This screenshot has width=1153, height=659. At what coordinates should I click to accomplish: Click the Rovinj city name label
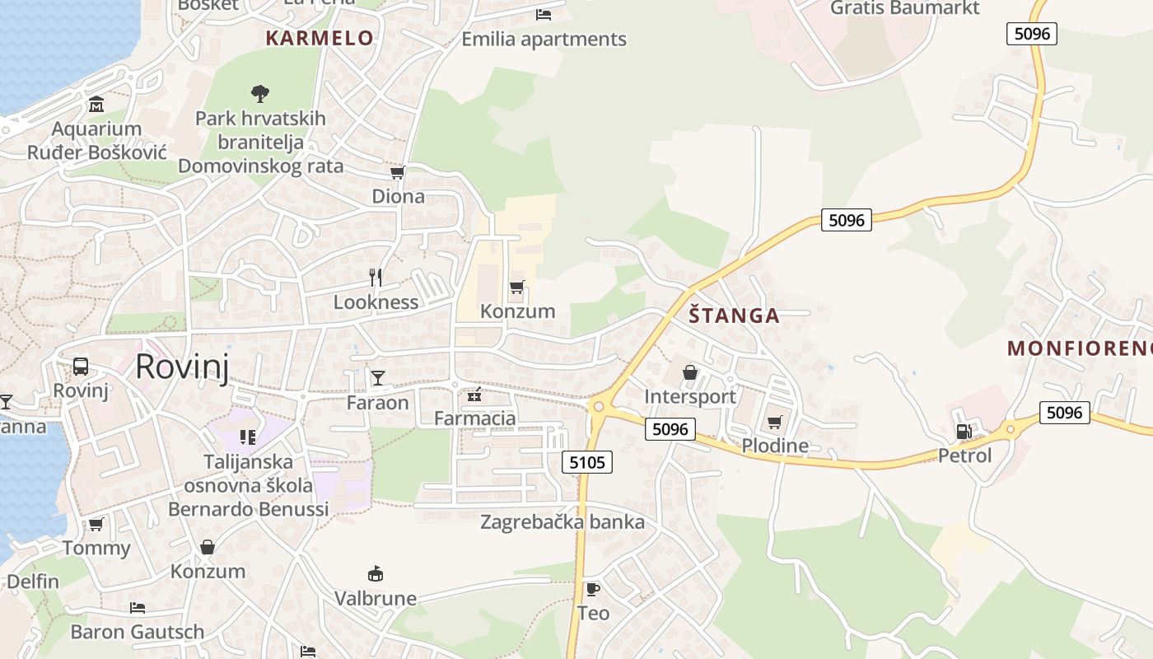tap(182, 366)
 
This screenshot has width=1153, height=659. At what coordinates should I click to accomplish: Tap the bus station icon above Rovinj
tap(81, 367)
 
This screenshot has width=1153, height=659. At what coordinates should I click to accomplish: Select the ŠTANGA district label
tap(734, 315)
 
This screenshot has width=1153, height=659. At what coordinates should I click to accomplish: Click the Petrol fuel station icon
tap(963, 431)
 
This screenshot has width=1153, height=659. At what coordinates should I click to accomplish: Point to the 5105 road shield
tap(587, 462)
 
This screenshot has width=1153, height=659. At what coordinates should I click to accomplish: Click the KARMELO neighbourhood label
tap(320, 38)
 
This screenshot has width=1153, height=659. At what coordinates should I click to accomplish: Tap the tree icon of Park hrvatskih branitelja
tap(260, 94)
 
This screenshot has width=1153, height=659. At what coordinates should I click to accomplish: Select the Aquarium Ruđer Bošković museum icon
tap(96, 105)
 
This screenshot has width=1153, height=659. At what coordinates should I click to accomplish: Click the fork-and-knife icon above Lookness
tap(376, 278)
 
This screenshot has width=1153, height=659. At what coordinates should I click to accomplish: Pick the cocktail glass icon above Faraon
tap(377, 378)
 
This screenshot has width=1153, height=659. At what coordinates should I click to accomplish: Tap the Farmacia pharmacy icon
tap(474, 395)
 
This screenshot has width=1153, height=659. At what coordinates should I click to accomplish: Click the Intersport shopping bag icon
tap(690, 373)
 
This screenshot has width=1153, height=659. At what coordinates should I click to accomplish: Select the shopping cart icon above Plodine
tap(774, 423)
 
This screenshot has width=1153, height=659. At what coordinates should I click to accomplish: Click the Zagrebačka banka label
tap(562, 522)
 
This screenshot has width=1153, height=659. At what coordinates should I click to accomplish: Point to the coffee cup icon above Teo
tap(592, 589)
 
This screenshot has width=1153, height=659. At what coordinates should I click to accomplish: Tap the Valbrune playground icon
tap(376, 573)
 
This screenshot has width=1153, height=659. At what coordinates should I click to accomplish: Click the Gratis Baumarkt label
tap(904, 8)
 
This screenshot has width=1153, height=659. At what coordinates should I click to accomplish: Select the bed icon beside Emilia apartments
tap(543, 14)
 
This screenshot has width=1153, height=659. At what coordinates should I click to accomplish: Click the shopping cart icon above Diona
tap(398, 172)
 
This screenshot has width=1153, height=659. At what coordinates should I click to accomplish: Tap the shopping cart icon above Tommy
tap(96, 524)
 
